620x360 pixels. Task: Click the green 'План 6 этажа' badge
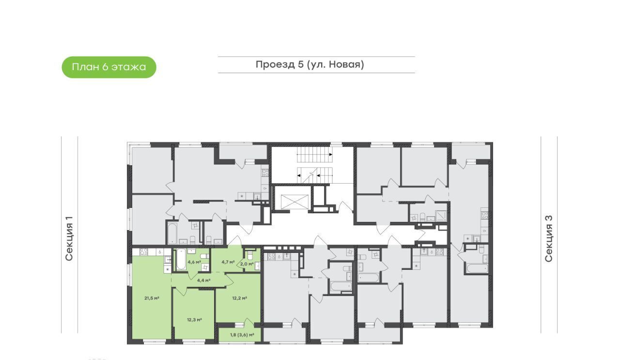click(x=109, y=67)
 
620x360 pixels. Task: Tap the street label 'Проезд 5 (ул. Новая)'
click(x=310, y=64)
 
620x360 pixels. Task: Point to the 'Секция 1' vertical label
click(x=69, y=238)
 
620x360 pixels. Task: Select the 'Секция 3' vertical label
click(x=548, y=238)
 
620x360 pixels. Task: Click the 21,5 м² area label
click(x=152, y=298)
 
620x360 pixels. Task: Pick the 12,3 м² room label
click(x=194, y=320)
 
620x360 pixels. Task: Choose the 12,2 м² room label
click(x=239, y=298)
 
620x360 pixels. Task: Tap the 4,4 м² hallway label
click(x=204, y=280)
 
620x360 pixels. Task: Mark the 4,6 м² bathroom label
click(x=194, y=262)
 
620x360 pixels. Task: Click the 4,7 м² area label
click(x=228, y=262)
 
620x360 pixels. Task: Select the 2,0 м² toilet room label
click(x=247, y=264)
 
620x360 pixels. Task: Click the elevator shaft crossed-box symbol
click(x=294, y=202)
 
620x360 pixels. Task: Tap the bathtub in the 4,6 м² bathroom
click(x=181, y=260)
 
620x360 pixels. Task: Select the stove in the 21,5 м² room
click(x=144, y=252)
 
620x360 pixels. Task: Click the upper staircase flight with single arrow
click(x=315, y=155)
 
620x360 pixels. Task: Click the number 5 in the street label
click(x=301, y=64)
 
